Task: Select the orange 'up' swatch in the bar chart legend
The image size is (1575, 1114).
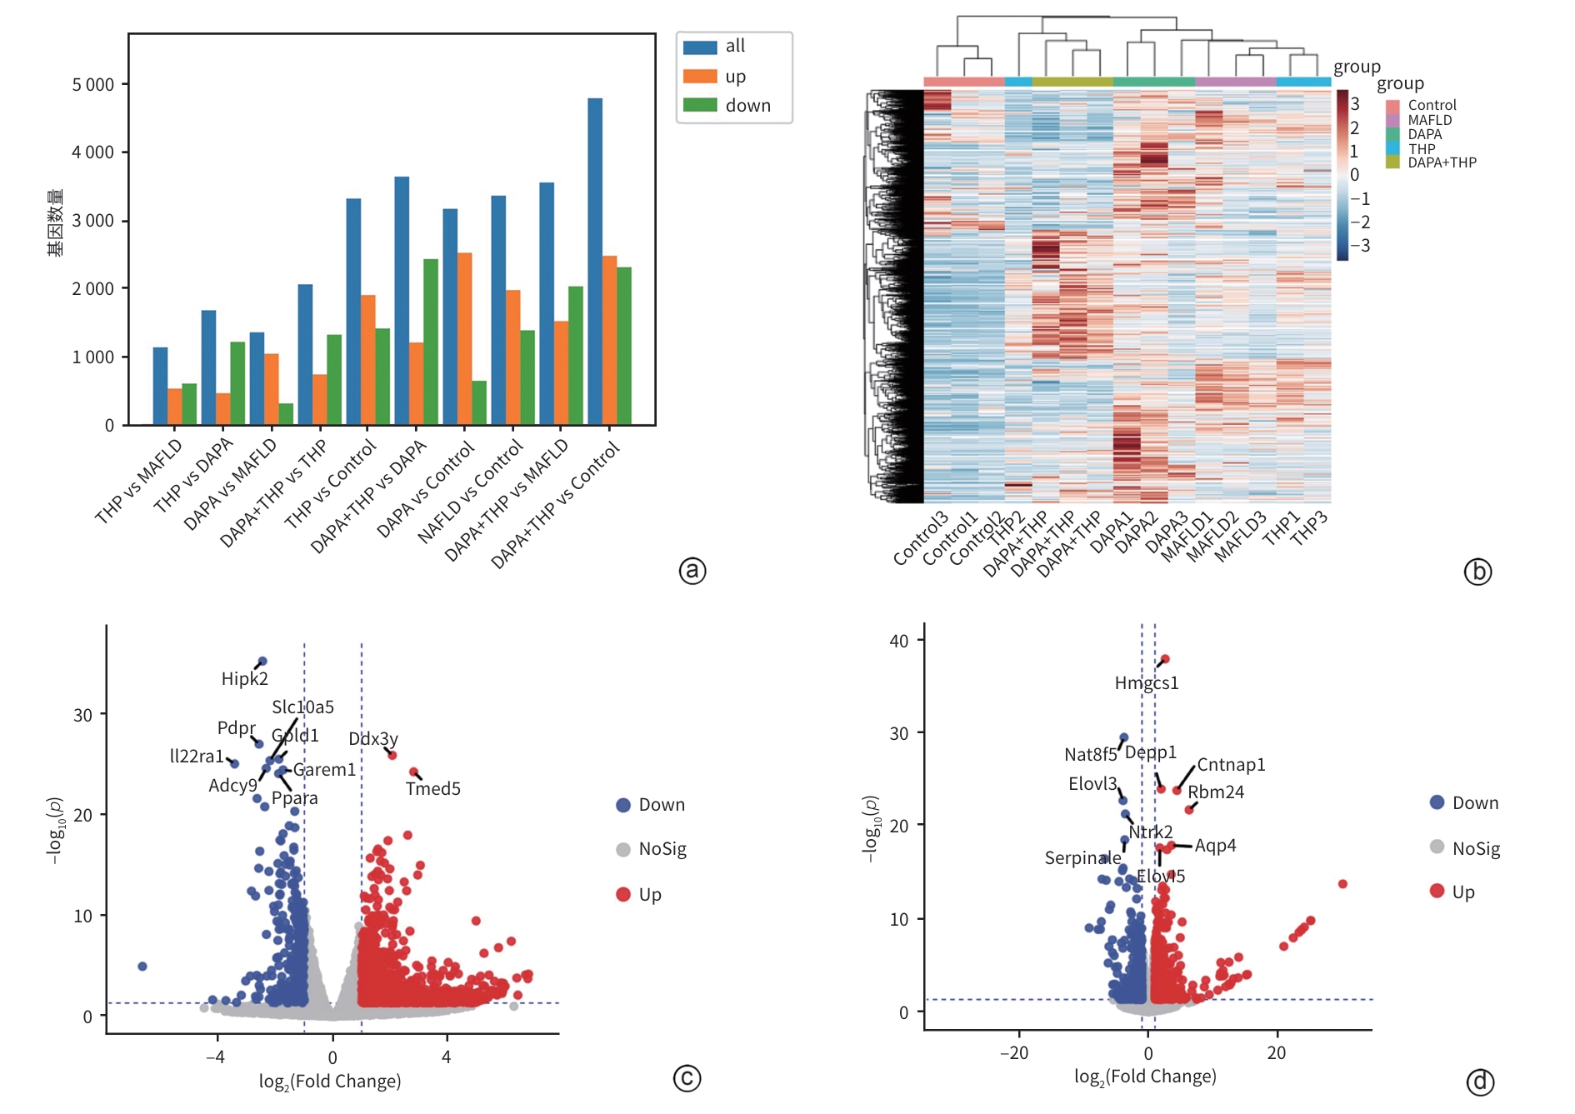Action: pyautogui.click(x=700, y=77)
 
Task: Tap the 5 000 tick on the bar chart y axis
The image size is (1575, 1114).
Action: pyautogui.click(x=93, y=85)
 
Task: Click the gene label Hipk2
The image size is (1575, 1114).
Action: pyautogui.click(x=244, y=679)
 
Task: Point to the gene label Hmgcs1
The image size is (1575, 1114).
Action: pyautogui.click(x=1147, y=683)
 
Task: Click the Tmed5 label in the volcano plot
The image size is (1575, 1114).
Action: pyautogui.click(x=432, y=788)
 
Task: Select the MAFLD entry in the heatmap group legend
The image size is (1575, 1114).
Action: pyautogui.click(x=1430, y=120)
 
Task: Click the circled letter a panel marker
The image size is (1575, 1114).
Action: pyautogui.click(x=692, y=571)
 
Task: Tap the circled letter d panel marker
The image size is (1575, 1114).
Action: pyautogui.click(x=1480, y=1082)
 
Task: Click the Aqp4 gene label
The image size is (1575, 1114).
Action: pyautogui.click(x=1216, y=846)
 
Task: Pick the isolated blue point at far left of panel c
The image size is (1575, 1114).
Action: pyautogui.click(x=142, y=967)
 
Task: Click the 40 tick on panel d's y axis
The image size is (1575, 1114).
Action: pyautogui.click(x=899, y=641)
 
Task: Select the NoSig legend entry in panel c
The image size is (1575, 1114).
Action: pyautogui.click(x=662, y=849)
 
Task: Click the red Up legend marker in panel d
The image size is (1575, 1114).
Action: pyautogui.click(x=1437, y=891)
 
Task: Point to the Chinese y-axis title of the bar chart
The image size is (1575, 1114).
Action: pyautogui.click(x=55, y=222)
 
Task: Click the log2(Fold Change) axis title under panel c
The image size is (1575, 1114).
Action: pyautogui.click(x=330, y=1082)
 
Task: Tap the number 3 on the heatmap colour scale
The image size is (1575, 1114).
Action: pyautogui.click(x=1355, y=104)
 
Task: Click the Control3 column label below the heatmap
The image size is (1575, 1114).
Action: pyautogui.click(x=921, y=538)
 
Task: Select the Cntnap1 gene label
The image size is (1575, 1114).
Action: pyautogui.click(x=1231, y=765)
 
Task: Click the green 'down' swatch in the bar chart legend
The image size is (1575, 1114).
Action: pyautogui.click(x=700, y=105)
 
